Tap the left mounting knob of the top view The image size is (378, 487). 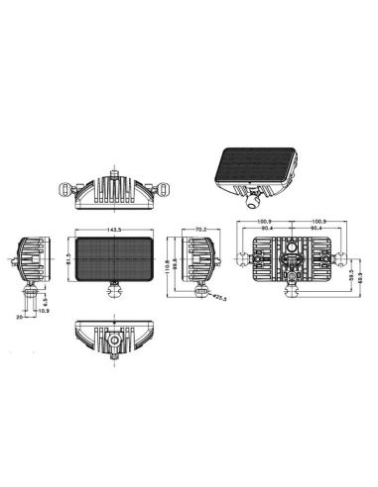[68, 186]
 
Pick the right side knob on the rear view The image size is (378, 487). [337, 260]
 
